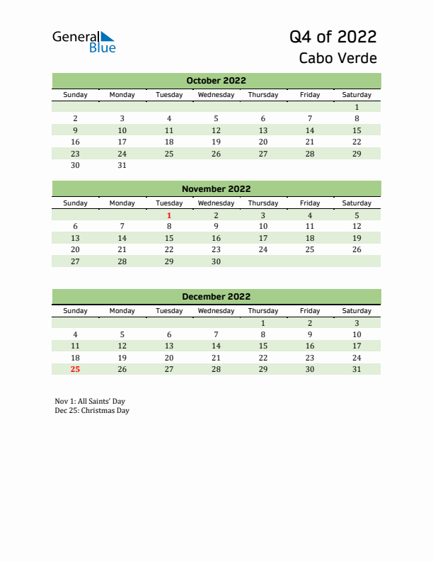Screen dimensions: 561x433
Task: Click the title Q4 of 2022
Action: click(333, 37)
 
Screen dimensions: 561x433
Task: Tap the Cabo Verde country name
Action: click(337, 59)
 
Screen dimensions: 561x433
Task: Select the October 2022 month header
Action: click(216, 81)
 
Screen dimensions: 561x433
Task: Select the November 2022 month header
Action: click(216, 189)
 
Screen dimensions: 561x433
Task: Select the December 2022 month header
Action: click(216, 297)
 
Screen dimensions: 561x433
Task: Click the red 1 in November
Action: click(169, 215)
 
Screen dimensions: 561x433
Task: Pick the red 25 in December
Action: click(76, 369)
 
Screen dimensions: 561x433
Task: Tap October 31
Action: click(122, 165)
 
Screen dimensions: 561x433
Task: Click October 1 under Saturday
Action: click(357, 107)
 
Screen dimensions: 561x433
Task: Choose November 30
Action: click(216, 261)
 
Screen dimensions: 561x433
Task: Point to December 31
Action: click(357, 369)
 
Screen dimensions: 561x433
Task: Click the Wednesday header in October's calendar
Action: click(216, 95)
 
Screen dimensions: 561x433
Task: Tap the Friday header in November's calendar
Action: click(310, 203)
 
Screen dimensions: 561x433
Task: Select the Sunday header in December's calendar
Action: click(76, 311)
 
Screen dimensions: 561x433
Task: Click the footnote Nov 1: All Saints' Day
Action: click(90, 401)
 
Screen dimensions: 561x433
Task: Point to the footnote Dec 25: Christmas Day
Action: click(92, 410)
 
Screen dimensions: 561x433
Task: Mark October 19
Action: click(216, 142)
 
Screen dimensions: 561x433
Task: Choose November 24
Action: click(263, 249)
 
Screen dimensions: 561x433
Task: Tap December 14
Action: click(216, 346)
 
